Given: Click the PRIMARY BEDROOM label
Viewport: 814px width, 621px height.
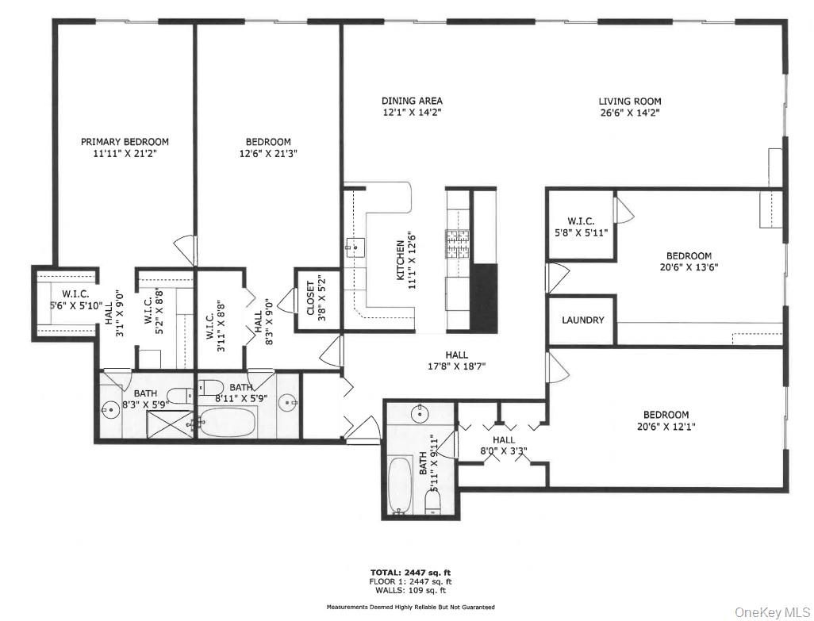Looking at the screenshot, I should (125, 142).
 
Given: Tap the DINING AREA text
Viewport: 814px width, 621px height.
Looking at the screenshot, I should (412, 101).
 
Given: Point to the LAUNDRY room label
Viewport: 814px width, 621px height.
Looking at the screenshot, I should (583, 320).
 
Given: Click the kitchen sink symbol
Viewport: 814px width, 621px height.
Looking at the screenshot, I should (355, 247).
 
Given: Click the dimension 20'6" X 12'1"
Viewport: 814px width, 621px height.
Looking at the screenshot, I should (666, 427).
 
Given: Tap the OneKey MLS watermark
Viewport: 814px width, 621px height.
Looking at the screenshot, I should (772, 611).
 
